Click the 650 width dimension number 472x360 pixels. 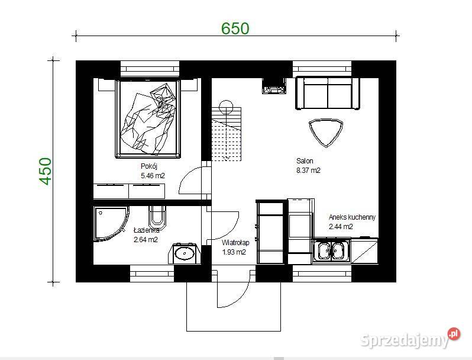235,28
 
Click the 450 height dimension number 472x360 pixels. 46,171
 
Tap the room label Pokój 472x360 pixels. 148,166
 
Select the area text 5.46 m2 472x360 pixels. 153,176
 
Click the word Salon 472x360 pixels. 305,161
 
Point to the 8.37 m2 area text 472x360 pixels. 308,170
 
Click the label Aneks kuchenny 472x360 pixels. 352,217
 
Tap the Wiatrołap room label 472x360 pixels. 235,243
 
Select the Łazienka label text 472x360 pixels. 146,230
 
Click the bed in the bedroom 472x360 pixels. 148,118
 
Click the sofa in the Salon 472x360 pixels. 328,93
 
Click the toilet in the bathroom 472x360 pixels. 157,216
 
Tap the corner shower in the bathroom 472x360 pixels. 111,223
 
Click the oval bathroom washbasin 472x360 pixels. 184,253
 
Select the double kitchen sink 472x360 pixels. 331,251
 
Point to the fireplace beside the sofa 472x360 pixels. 274,86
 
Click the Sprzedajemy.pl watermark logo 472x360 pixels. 410,339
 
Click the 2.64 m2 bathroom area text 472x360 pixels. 146,240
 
